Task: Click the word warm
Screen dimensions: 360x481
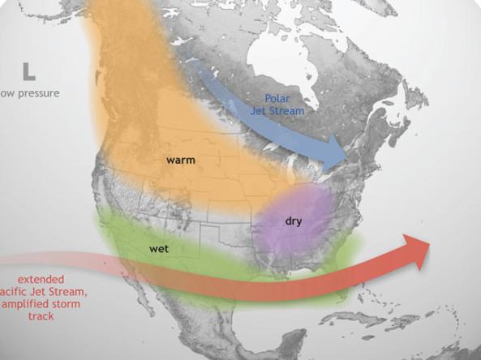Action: click(181, 161)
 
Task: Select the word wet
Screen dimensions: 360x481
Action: click(159, 249)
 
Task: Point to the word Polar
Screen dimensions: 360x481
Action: click(279, 97)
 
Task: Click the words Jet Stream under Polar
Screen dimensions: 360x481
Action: click(279, 109)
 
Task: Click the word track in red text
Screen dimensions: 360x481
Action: click(40, 315)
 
